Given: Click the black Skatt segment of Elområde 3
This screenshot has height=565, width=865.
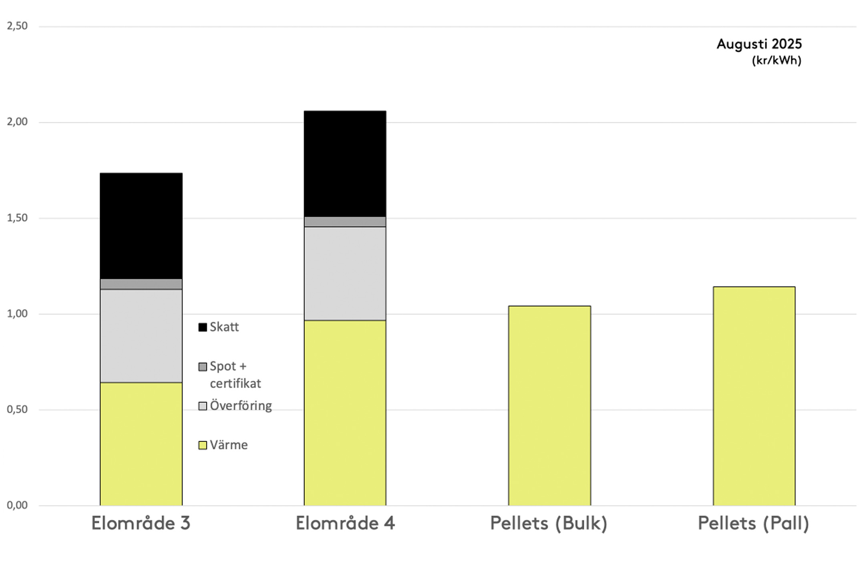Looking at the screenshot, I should click(141, 226).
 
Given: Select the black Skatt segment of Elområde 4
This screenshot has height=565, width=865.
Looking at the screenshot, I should click(345, 163).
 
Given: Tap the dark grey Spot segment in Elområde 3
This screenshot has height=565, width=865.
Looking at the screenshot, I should click(141, 284).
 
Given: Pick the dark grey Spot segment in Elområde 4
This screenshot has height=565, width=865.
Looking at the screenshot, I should click(345, 222).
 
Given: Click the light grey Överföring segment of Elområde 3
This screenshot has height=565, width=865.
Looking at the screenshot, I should click(141, 336).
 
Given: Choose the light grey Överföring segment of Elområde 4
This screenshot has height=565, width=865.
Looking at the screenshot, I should click(345, 273).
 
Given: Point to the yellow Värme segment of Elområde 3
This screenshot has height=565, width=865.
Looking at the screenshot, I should click(141, 444).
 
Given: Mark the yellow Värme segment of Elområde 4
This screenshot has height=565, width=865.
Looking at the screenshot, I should click(345, 413).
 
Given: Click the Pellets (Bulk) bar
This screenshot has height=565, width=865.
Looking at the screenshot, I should click(549, 406).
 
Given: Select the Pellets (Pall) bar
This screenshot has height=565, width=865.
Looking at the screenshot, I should click(754, 396).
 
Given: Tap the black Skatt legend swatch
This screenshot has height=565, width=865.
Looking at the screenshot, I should click(203, 327).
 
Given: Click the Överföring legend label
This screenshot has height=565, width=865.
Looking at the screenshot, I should click(241, 406).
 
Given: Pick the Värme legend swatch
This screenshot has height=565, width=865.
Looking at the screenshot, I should click(203, 445).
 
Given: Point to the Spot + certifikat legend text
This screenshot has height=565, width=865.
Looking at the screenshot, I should click(235, 375).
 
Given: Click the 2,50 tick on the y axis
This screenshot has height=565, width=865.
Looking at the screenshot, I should click(17, 26).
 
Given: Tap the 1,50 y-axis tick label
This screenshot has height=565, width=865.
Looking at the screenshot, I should click(17, 218).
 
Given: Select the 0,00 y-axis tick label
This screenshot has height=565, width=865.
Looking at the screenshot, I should click(17, 505).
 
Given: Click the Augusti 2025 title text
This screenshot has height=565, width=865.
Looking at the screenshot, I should click(759, 44).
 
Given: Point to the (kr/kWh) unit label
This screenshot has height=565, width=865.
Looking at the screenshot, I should click(776, 61).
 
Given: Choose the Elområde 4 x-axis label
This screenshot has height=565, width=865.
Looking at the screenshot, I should click(345, 523).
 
